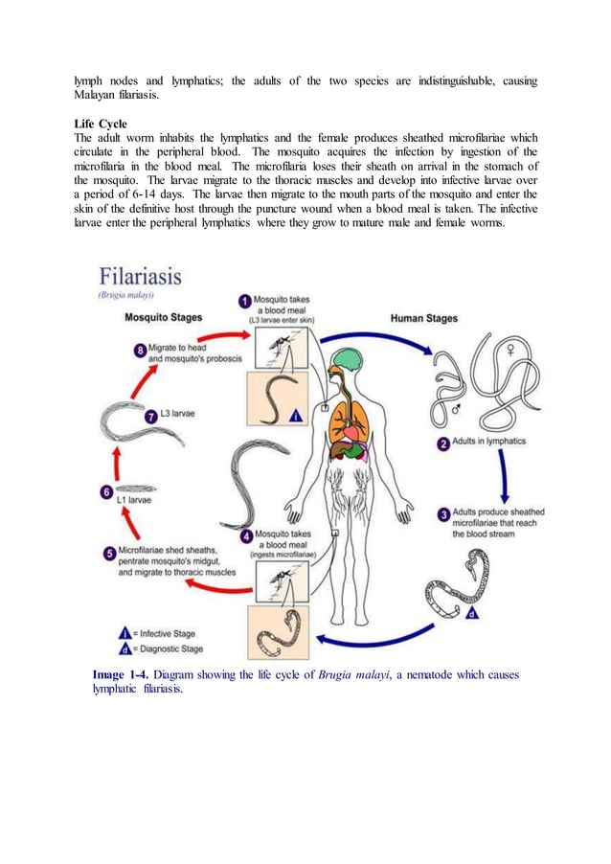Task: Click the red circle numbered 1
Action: pos(246,302)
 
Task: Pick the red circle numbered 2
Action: pos(444,443)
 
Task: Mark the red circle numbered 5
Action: pos(110,553)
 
